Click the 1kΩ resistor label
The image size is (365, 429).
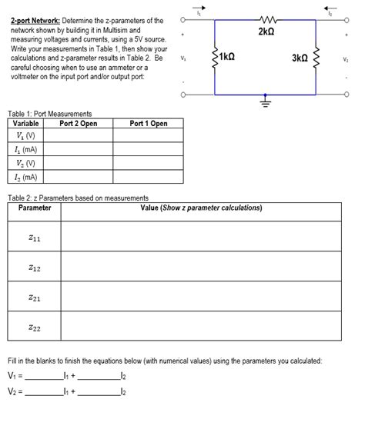click(x=227, y=58)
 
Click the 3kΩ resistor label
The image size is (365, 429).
click(x=300, y=58)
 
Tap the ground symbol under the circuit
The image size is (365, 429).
click(x=265, y=100)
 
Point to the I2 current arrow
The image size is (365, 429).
click(x=330, y=9)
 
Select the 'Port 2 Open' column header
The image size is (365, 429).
click(x=79, y=123)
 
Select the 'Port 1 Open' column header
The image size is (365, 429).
click(x=149, y=123)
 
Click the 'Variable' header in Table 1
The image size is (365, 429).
click(x=26, y=123)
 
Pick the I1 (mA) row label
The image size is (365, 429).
click(x=27, y=149)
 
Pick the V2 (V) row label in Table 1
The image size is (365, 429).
click(x=27, y=163)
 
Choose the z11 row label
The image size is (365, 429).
click(x=35, y=238)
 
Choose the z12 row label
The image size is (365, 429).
click(x=35, y=268)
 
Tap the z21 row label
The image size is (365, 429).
click(x=35, y=297)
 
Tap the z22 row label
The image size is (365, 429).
click(x=35, y=328)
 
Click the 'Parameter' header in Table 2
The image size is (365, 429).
click(x=35, y=208)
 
